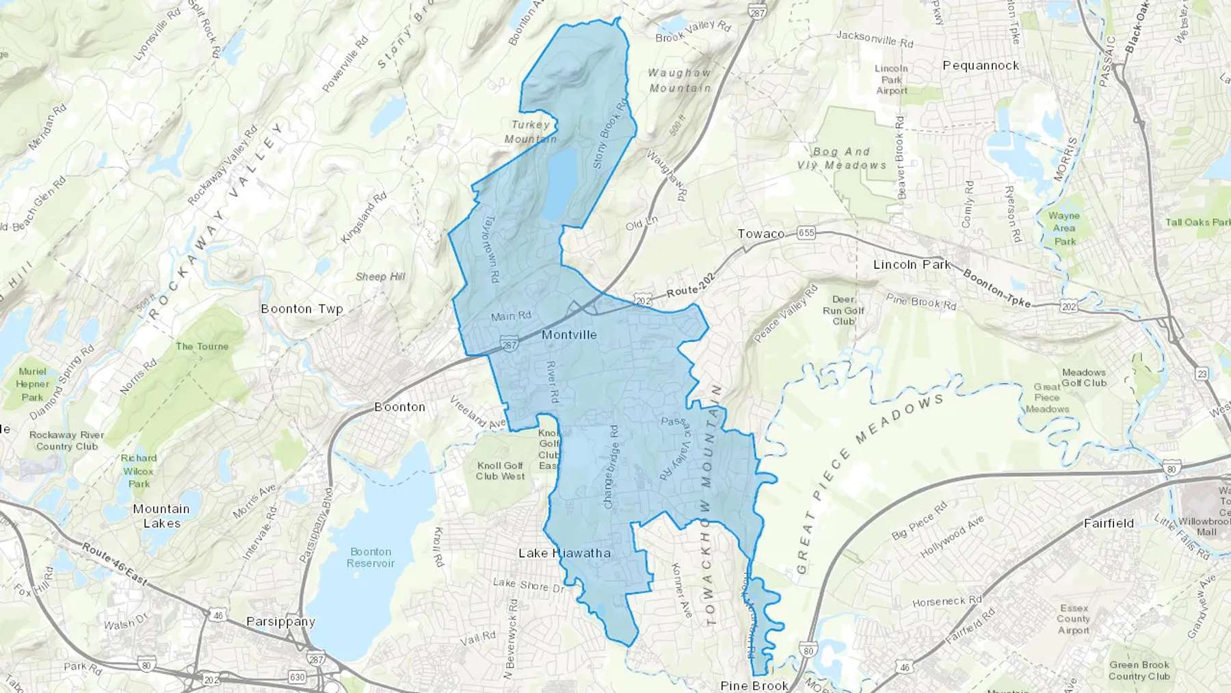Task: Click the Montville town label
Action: [x=569, y=335]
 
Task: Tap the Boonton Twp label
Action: [x=302, y=309]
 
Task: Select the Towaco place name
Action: [x=760, y=234]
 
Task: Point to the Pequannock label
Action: [x=981, y=66]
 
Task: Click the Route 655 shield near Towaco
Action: [x=806, y=233]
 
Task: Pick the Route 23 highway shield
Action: [x=1202, y=374]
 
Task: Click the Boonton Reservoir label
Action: [x=371, y=558]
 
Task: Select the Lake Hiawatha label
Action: [x=564, y=553]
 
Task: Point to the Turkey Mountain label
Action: [x=531, y=132]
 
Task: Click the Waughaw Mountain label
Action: [x=680, y=80]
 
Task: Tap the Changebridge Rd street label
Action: [x=611, y=467]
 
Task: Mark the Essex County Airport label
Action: [x=1073, y=619]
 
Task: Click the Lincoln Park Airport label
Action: [x=892, y=79]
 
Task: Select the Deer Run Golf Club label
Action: [x=843, y=311]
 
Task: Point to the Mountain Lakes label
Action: [x=161, y=516]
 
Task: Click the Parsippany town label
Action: [x=280, y=622]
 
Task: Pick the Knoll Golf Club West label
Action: [x=501, y=471]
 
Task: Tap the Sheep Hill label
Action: [x=380, y=276]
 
